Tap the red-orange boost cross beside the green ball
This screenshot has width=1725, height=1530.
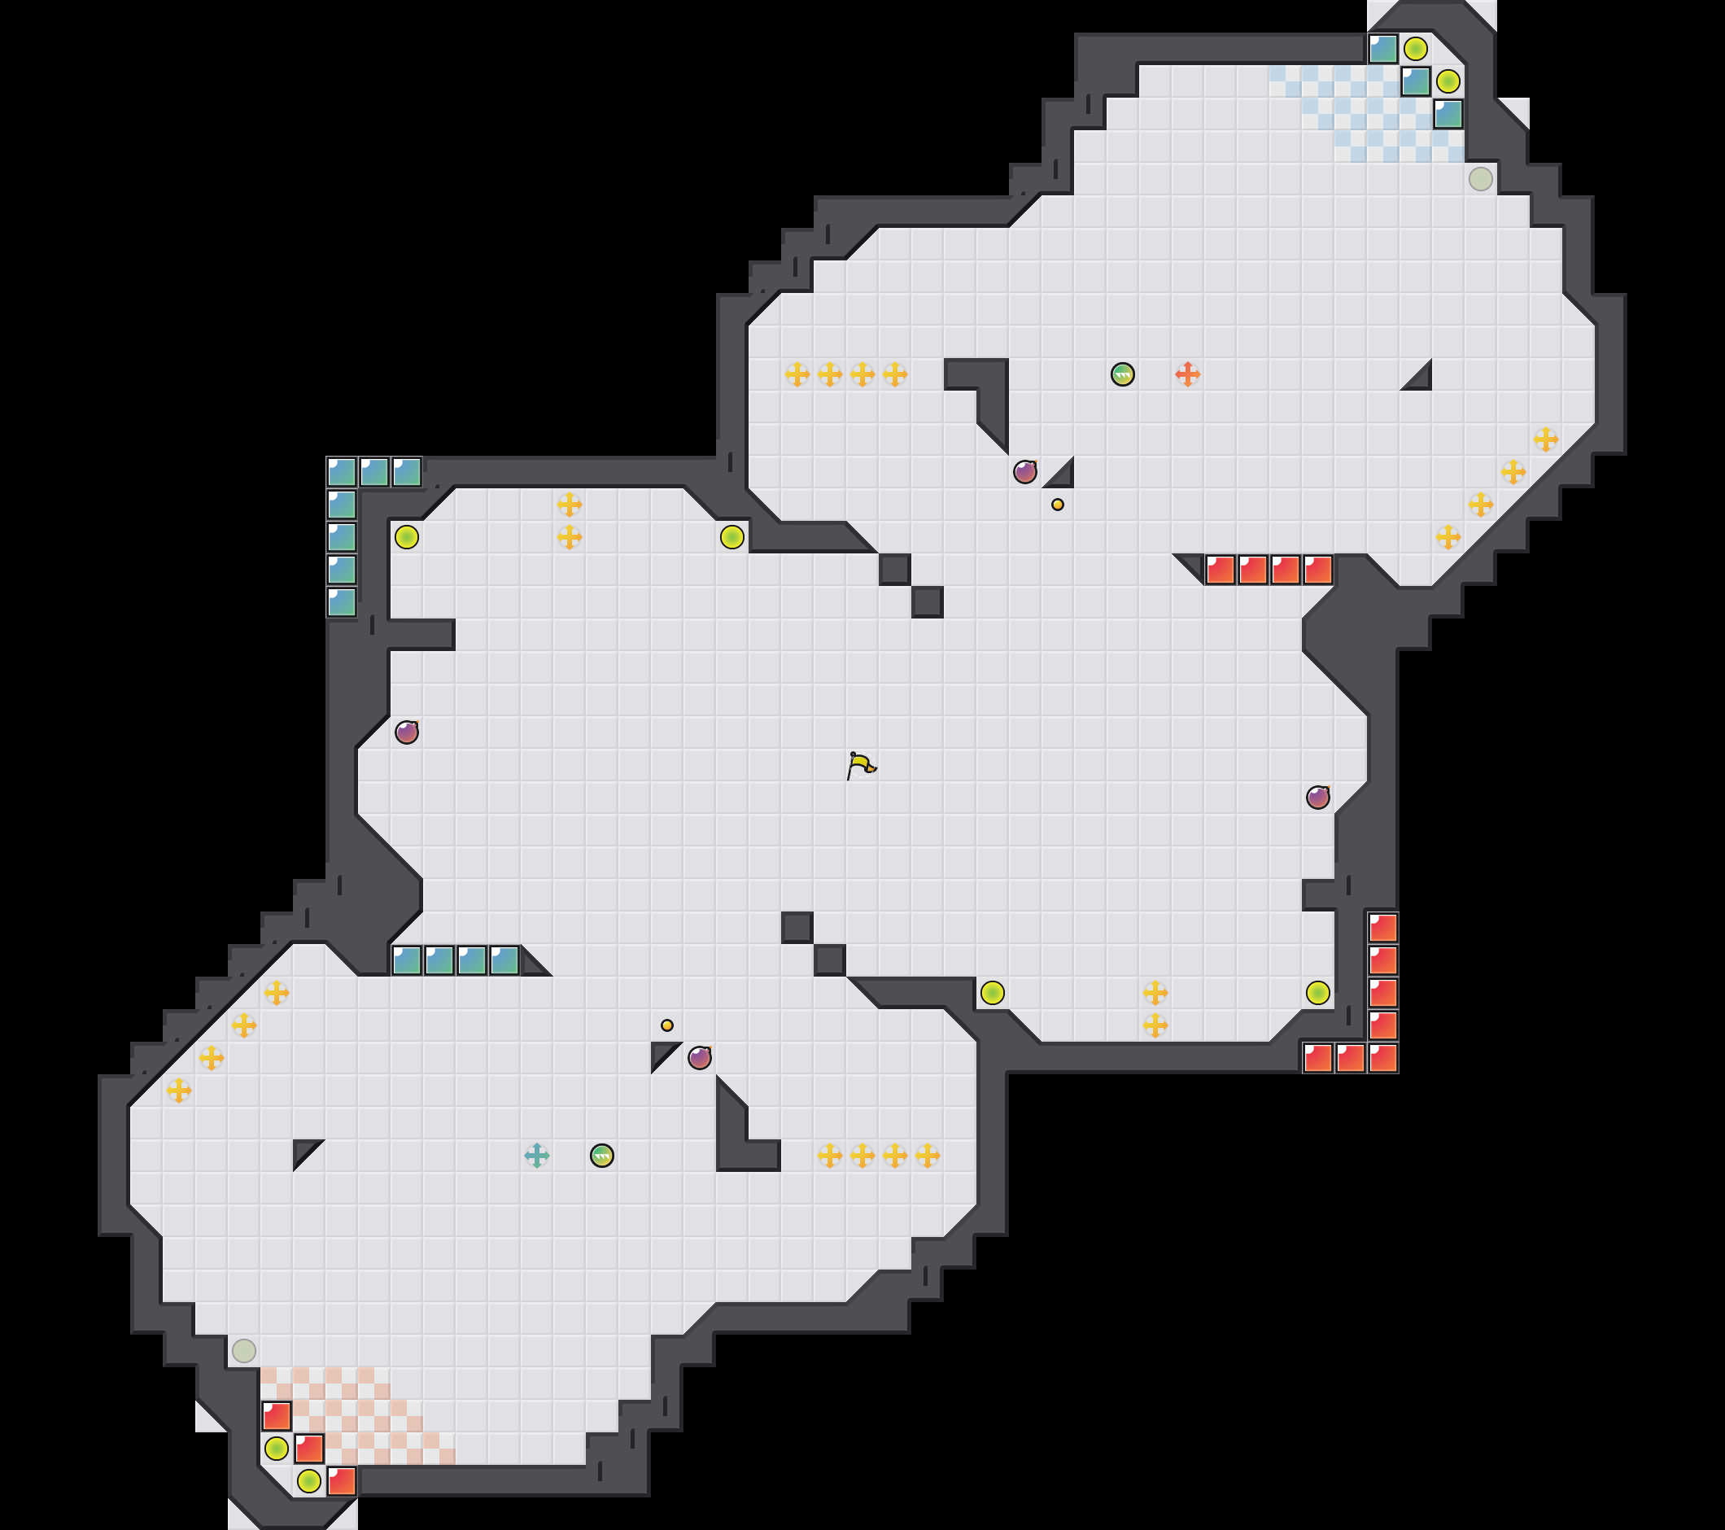pos(1187,374)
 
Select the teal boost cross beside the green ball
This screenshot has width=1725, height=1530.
pos(537,1156)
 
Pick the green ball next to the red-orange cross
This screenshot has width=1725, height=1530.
pos(1122,374)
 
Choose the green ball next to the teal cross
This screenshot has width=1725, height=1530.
pos(602,1156)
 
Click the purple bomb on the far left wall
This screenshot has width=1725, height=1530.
pos(407,732)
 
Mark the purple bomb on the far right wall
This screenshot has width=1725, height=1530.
pos(1318,797)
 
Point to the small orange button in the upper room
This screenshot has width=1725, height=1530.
pos(1058,505)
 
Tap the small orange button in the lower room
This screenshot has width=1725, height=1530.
pos(666,1025)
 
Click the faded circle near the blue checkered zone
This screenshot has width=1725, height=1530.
pos(1480,179)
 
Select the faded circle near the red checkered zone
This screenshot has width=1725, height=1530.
pos(244,1350)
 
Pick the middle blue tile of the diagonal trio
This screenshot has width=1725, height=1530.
pos(1415,82)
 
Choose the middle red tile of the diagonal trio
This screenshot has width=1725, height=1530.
pos(309,1448)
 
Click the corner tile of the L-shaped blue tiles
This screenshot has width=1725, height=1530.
pos(342,472)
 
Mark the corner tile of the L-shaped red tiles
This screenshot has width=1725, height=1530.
pos(1383,1057)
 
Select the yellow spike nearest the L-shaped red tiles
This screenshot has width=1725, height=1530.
pos(1318,992)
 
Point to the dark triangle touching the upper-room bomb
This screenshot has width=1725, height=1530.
pos(1061,475)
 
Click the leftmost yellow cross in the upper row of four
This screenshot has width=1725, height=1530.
pos(797,374)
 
